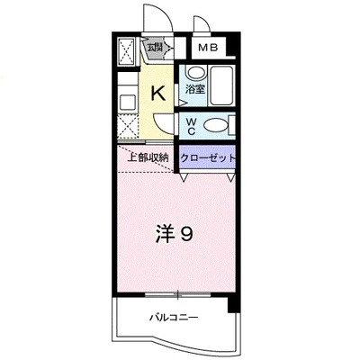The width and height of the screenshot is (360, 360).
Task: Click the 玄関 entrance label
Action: tap(155, 48)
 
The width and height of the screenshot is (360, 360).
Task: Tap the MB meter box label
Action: tap(208, 48)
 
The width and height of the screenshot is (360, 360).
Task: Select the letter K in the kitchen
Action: tap(157, 91)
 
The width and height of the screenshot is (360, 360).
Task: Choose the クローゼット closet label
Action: tap(209, 157)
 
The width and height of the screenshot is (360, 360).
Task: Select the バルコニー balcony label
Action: tap(174, 318)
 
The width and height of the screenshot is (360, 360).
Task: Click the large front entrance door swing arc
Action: tap(154, 18)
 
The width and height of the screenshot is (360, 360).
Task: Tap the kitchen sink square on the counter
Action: tap(126, 97)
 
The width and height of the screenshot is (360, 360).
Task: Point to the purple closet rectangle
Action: tap(208, 157)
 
